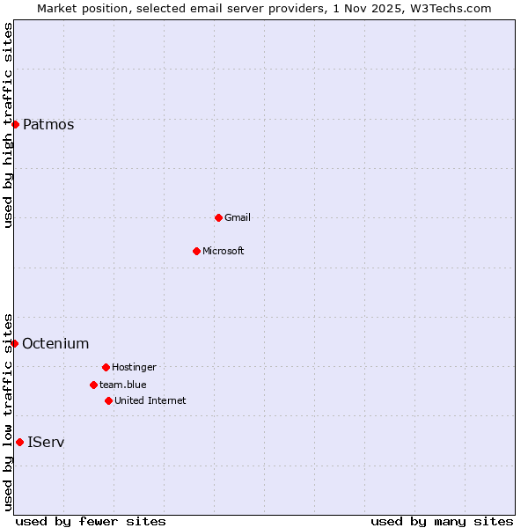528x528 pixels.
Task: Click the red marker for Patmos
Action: [15, 124]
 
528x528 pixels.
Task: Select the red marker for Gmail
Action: [218, 217]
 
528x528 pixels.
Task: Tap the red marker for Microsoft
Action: [196, 251]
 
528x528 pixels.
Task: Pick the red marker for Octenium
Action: [14, 343]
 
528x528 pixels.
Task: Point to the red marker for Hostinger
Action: [106, 367]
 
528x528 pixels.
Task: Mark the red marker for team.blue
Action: [93, 385]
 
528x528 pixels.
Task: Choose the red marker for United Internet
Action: [108, 400]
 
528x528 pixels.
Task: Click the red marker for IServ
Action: [19, 442]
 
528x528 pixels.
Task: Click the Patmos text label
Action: [48, 124]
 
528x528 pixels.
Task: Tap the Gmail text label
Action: [238, 217]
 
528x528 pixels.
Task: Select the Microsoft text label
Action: [224, 251]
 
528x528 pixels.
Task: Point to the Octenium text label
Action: [55, 343]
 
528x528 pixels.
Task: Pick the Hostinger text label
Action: [134, 367]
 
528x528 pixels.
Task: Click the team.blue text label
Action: [123, 385]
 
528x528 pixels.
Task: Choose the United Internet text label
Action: [150, 400]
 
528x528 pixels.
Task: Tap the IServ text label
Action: [46, 442]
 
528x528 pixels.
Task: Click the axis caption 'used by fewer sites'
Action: [91, 521]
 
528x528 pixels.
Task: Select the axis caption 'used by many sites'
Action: [442, 521]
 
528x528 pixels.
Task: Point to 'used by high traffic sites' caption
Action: [9, 125]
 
